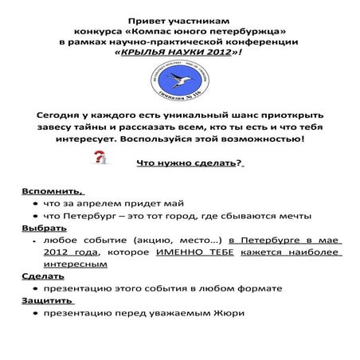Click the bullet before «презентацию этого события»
(x=37, y=289)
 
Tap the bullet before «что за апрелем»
(x=37, y=205)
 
